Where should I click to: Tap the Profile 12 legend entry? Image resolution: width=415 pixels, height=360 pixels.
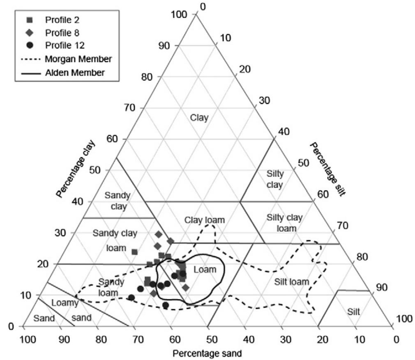61,46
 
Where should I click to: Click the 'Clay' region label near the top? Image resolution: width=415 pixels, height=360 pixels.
199,118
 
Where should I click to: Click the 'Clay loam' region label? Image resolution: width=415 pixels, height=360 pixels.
204,220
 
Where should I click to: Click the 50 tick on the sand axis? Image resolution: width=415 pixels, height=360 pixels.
208,340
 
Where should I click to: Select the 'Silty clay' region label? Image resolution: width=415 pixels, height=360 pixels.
275,179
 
